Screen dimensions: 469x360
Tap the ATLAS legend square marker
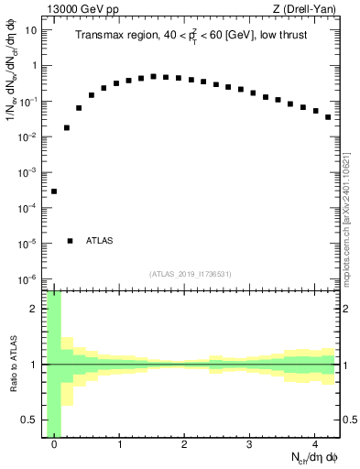[71, 241]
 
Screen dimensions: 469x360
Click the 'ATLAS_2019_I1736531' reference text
[191, 274]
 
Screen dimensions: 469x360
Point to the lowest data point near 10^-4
[54, 191]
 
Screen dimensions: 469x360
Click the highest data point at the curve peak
[153, 77]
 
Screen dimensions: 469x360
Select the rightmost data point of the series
[328, 117]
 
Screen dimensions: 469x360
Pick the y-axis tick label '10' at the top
[30, 30]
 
